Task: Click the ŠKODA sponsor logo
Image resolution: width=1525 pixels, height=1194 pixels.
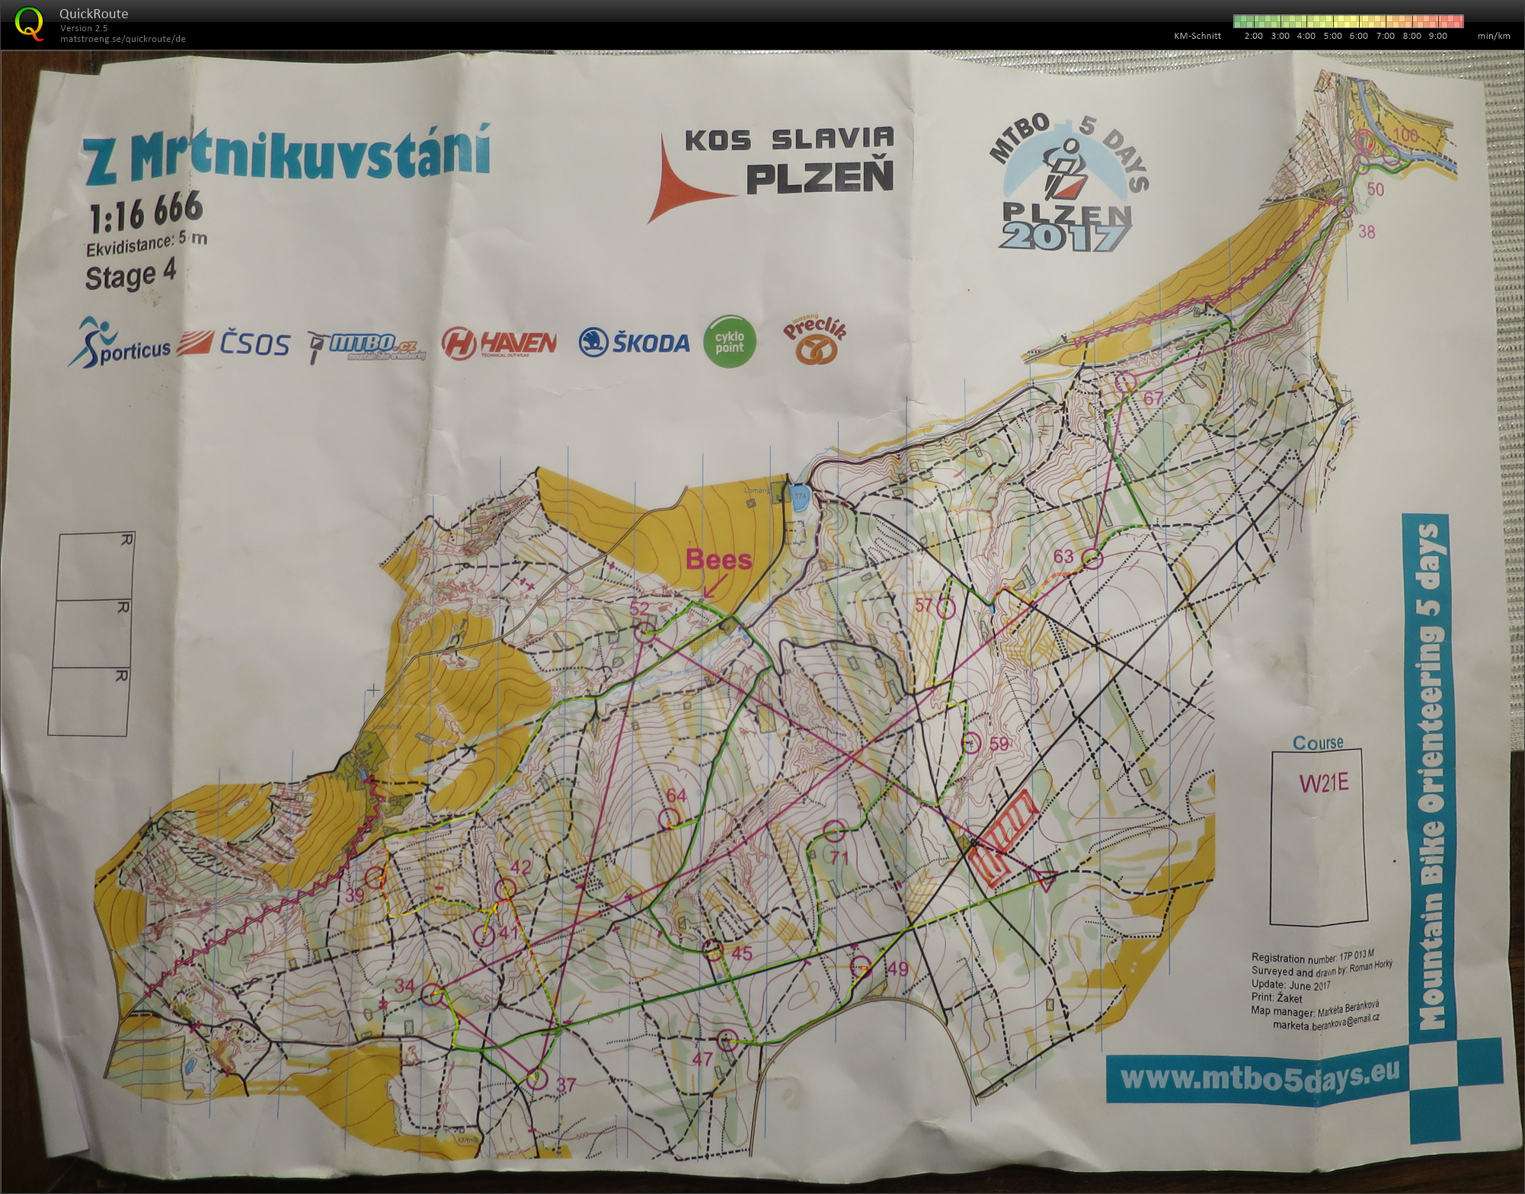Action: (x=634, y=343)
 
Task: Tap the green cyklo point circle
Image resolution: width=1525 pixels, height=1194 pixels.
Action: (x=729, y=342)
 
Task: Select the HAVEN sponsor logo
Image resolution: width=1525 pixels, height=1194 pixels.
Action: (x=499, y=344)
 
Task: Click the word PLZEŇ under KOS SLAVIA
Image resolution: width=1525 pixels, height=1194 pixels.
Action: (x=818, y=178)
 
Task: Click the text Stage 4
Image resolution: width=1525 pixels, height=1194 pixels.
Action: (x=130, y=275)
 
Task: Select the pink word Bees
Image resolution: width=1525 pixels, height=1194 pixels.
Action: (x=718, y=559)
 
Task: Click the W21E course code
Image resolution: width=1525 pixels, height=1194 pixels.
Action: (x=1323, y=783)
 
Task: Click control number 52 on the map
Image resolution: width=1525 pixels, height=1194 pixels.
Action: (x=639, y=608)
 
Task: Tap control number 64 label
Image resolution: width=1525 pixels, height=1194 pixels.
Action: (x=676, y=795)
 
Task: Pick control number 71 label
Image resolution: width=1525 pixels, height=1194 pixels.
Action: (x=839, y=857)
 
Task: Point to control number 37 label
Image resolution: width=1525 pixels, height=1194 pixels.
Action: (x=565, y=1084)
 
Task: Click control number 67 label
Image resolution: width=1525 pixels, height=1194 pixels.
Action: (x=1153, y=398)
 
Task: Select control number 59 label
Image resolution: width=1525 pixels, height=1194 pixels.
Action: (x=998, y=744)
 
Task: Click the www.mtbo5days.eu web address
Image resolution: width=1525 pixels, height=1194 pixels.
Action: (x=1260, y=1076)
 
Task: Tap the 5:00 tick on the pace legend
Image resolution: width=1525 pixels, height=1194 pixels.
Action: (x=1332, y=36)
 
